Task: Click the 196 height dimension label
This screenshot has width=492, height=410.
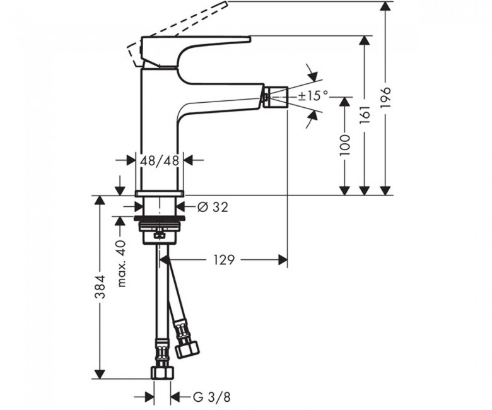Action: [385, 98]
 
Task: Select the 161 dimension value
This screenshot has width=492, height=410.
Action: [365, 115]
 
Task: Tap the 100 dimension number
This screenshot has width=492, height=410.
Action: [345, 145]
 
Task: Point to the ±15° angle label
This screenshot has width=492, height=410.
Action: [313, 96]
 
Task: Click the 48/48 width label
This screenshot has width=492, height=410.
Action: [160, 161]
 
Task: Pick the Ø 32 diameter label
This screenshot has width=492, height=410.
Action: [213, 207]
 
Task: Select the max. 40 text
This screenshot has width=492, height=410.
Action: [122, 264]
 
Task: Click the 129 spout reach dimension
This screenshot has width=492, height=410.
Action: [224, 260]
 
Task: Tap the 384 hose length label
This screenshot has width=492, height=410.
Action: [100, 287]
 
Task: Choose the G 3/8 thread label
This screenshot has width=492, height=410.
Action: [211, 397]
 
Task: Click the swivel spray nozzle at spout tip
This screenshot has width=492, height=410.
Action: [276, 97]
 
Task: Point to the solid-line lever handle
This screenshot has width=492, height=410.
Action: [196, 52]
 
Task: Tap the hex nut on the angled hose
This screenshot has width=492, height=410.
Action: [187, 348]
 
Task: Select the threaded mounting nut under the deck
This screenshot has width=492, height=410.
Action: [160, 233]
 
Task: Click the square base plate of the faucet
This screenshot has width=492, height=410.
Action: [160, 193]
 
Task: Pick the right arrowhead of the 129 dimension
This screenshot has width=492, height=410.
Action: [283, 260]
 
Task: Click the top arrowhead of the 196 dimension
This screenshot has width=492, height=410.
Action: [385, 6]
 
